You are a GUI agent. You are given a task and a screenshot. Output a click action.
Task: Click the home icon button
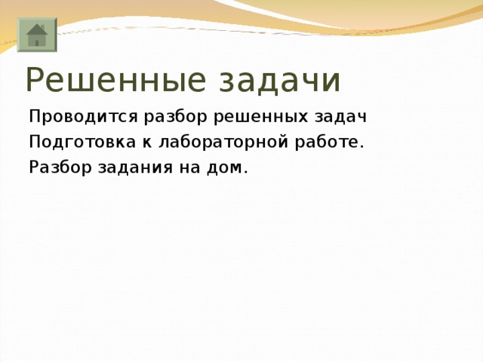(36, 35)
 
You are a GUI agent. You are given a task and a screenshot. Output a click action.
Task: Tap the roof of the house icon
(36, 29)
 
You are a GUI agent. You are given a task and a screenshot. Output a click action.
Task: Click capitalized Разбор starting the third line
(60, 167)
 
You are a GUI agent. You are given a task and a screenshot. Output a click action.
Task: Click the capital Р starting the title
(35, 79)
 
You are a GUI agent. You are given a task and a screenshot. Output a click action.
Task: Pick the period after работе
(362, 146)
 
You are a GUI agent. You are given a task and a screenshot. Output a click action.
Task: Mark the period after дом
(246, 171)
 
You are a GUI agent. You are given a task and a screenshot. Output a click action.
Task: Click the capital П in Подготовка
(35, 142)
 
